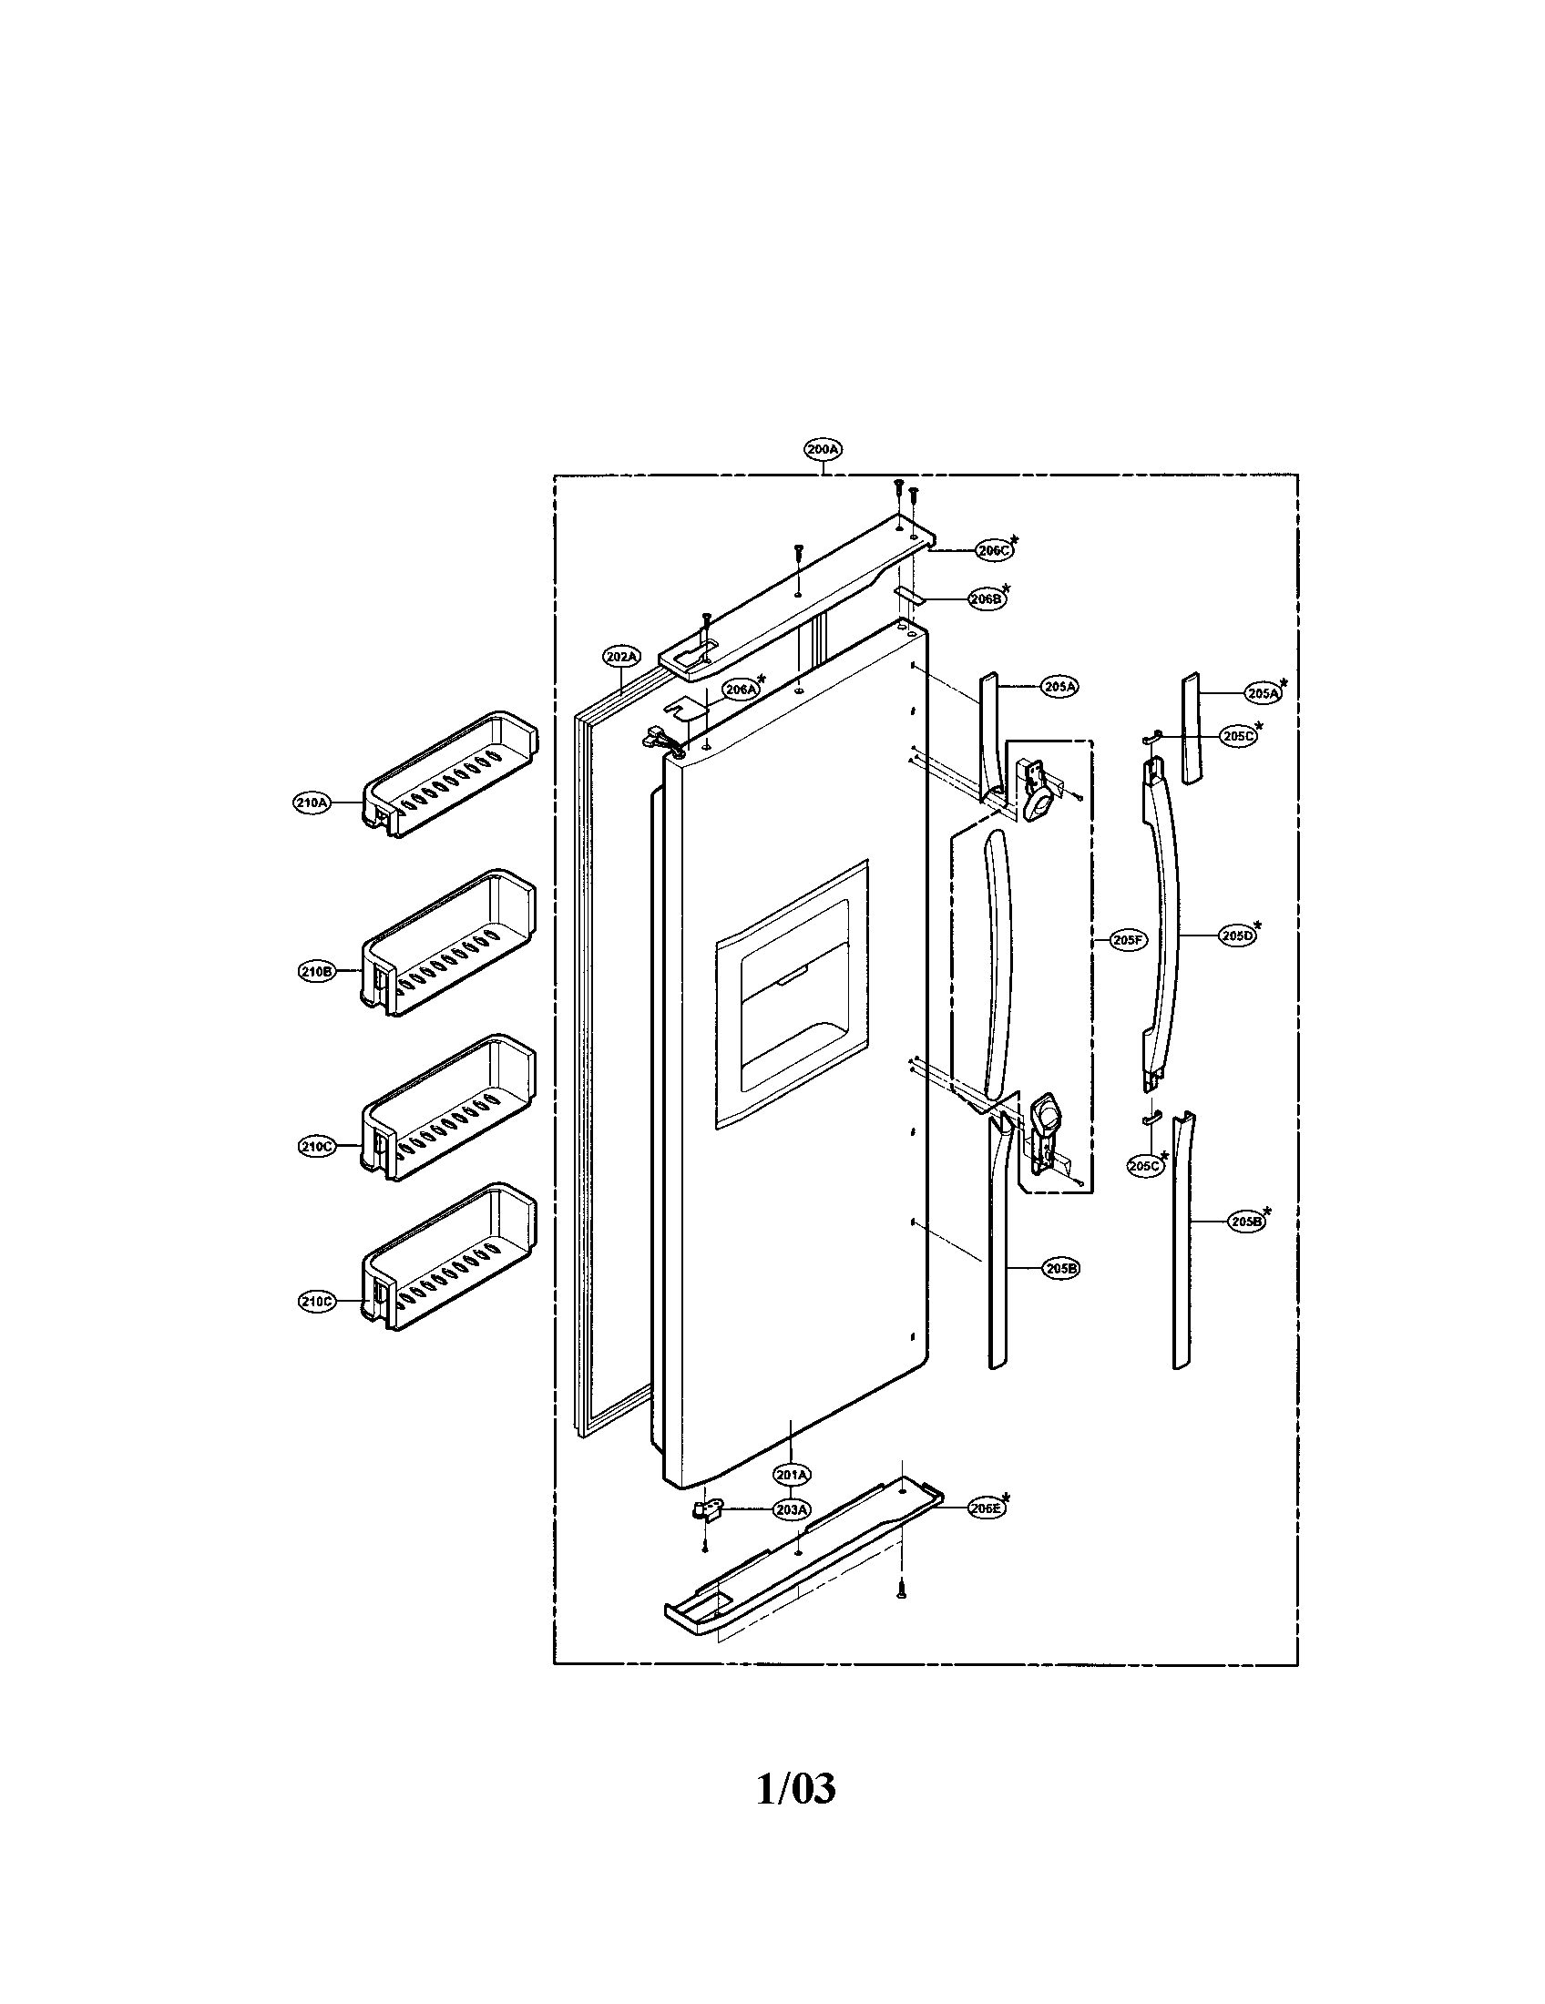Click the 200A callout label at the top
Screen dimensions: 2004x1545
click(x=822, y=450)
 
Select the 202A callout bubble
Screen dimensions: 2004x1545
click(x=621, y=656)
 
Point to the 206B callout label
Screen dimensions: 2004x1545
click(x=987, y=598)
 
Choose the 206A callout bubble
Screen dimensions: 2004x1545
click(x=740, y=688)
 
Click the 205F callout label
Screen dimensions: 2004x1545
click(x=1126, y=940)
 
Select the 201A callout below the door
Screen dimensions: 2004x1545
click(x=791, y=1475)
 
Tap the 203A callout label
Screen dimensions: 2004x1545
click(x=791, y=1508)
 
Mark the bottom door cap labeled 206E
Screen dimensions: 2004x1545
click(x=803, y=1559)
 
